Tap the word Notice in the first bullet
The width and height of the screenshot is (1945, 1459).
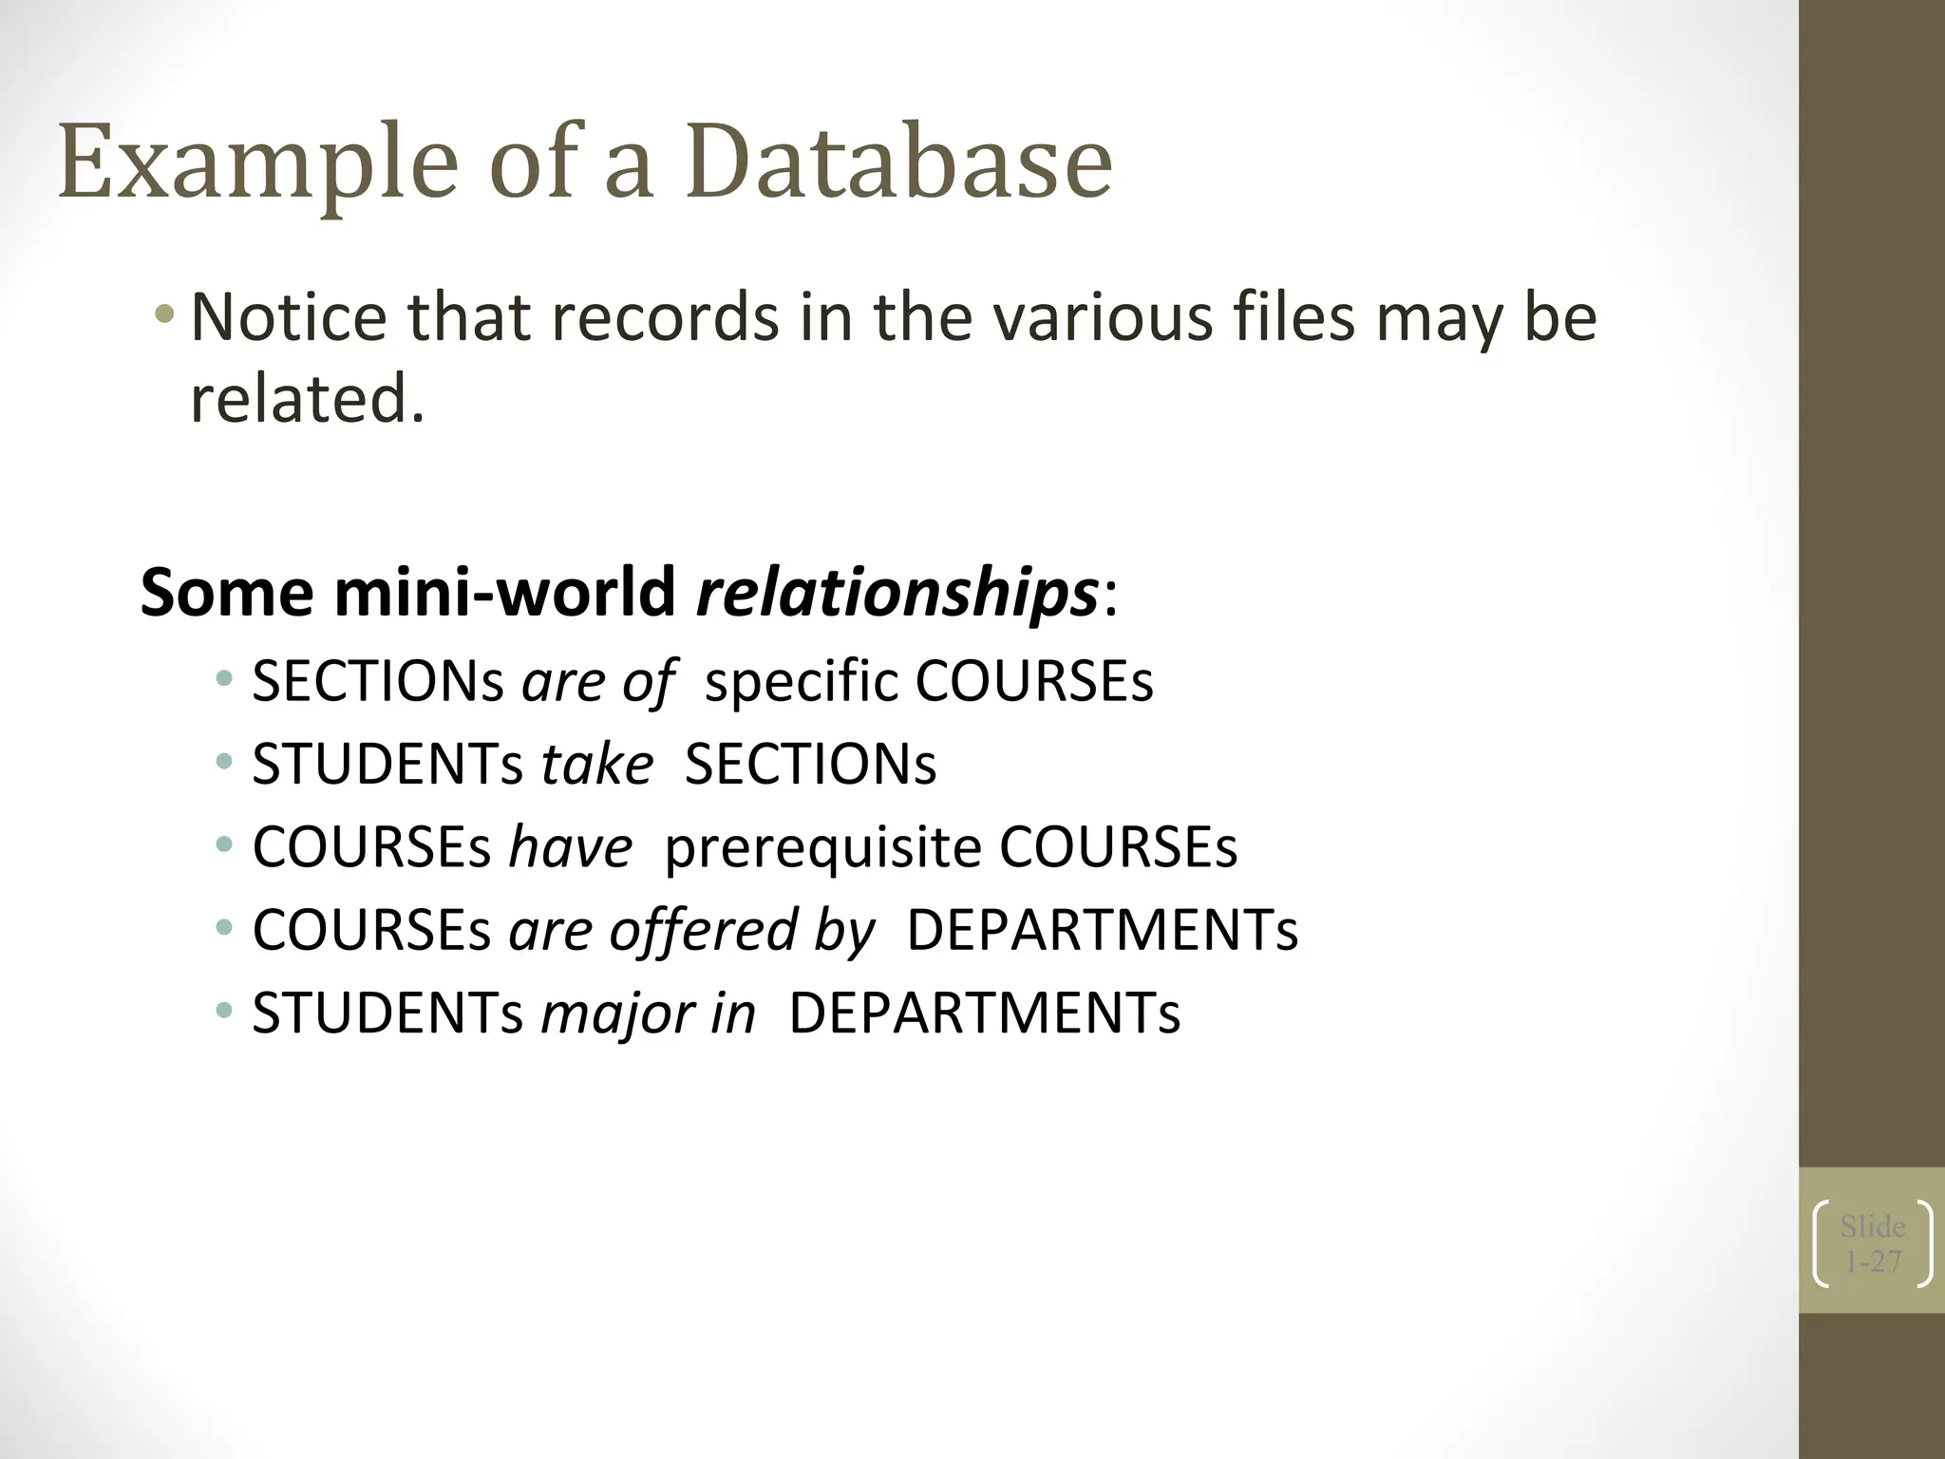pyautogui.click(x=289, y=317)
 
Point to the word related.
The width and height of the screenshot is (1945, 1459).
pyautogui.click(x=307, y=399)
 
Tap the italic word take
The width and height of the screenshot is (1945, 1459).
pyautogui.click(x=596, y=764)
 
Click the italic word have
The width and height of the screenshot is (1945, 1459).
pyautogui.click(x=570, y=846)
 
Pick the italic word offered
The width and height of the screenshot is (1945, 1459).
pyautogui.click(x=704, y=930)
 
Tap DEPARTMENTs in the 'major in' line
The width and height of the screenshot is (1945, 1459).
pyautogui.click(x=984, y=1014)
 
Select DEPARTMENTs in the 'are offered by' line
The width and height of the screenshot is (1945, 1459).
pyautogui.click(x=1102, y=930)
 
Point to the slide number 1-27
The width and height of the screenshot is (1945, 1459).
pyautogui.click(x=1872, y=1261)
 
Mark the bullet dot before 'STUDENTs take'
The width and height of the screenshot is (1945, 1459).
pyautogui.click(x=224, y=761)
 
